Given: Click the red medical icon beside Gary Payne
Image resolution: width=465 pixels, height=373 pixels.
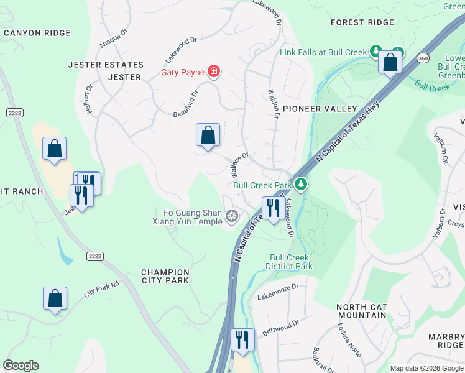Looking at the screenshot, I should (x=214, y=72).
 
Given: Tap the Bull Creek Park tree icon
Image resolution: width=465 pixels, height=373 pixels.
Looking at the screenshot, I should (x=301, y=185).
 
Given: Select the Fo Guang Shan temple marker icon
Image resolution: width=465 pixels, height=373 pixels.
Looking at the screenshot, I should (x=232, y=216).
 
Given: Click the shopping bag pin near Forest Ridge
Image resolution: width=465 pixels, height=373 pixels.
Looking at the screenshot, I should (x=390, y=63).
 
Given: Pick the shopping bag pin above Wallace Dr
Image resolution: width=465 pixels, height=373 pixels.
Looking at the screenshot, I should (x=208, y=136).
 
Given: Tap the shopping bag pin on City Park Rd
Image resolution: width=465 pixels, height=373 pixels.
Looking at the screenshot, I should (x=55, y=298).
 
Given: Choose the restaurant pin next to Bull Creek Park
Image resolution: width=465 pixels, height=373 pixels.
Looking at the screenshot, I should (x=272, y=208).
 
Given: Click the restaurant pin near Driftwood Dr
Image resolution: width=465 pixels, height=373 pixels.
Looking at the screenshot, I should (x=242, y=339).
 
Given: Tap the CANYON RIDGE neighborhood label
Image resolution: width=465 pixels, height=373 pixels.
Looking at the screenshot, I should (x=37, y=32).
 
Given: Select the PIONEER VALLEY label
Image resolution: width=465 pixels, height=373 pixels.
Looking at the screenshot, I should (x=320, y=109).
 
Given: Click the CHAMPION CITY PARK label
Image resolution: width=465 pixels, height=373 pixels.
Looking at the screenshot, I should (x=165, y=276).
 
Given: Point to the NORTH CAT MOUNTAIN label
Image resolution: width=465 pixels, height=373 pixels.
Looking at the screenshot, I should (x=361, y=311).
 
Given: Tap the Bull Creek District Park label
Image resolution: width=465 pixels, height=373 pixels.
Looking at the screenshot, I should (x=291, y=262).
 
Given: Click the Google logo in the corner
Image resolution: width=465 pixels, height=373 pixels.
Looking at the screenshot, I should (x=21, y=366).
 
